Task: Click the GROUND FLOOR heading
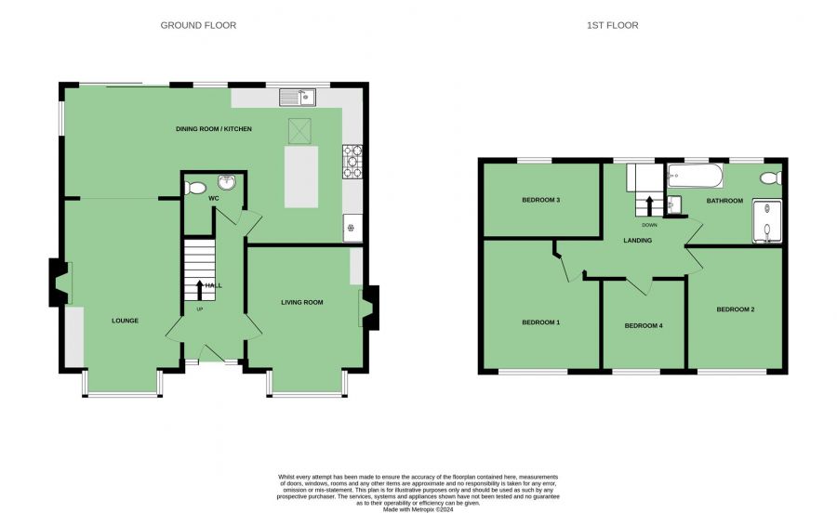[198, 25]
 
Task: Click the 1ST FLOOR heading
[612, 25]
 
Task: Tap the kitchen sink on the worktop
[298, 97]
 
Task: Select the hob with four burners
[352, 162]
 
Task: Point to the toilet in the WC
[195, 188]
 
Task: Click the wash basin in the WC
[228, 183]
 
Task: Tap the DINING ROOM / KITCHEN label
[214, 129]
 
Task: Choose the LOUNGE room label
[125, 321]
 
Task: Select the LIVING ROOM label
[302, 302]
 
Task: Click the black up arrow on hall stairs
[200, 290]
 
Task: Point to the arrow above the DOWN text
[650, 206]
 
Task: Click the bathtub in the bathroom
[695, 176]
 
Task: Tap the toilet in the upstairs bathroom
[771, 178]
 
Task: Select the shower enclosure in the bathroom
[767, 221]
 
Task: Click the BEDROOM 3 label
[540, 200]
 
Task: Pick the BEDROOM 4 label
[644, 325]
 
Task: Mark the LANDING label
[637, 241]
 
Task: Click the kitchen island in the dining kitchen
[301, 178]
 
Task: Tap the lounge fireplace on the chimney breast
[60, 283]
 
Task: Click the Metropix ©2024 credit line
[418, 510]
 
